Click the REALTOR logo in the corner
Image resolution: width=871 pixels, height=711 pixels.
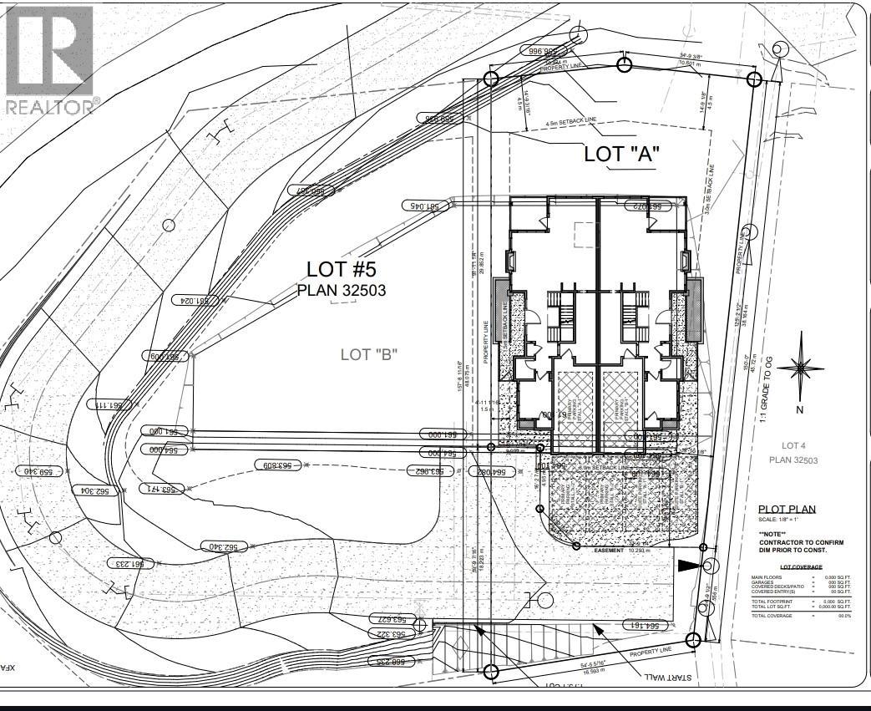pyautogui.click(x=49, y=58)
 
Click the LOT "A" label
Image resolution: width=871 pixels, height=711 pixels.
pyautogui.click(x=621, y=154)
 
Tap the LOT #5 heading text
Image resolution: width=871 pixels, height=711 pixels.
pyautogui.click(x=343, y=269)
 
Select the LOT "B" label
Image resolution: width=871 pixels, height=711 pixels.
pyautogui.click(x=368, y=354)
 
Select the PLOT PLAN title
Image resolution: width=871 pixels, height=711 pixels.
pyautogui.click(x=787, y=509)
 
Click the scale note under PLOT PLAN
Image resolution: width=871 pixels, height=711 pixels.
pyautogui.click(x=779, y=520)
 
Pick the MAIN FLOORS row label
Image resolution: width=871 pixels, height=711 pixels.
pyautogui.click(x=767, y=577)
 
